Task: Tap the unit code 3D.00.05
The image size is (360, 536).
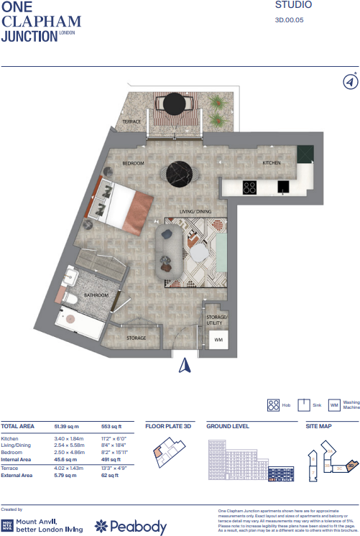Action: point(290,21)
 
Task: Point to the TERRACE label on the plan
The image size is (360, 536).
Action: point(131,122)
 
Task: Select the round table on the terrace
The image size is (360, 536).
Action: point(173,103)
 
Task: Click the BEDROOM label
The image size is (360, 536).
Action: point(133,163)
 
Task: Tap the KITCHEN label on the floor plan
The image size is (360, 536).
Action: point(271,163)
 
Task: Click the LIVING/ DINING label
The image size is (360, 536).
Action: point(195,211)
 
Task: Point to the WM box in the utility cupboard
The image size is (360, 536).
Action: point(218,339)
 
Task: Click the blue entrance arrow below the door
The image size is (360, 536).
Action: point(184,366)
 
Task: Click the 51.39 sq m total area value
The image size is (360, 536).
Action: point(66,426)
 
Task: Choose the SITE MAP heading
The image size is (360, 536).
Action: point(319,426)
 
